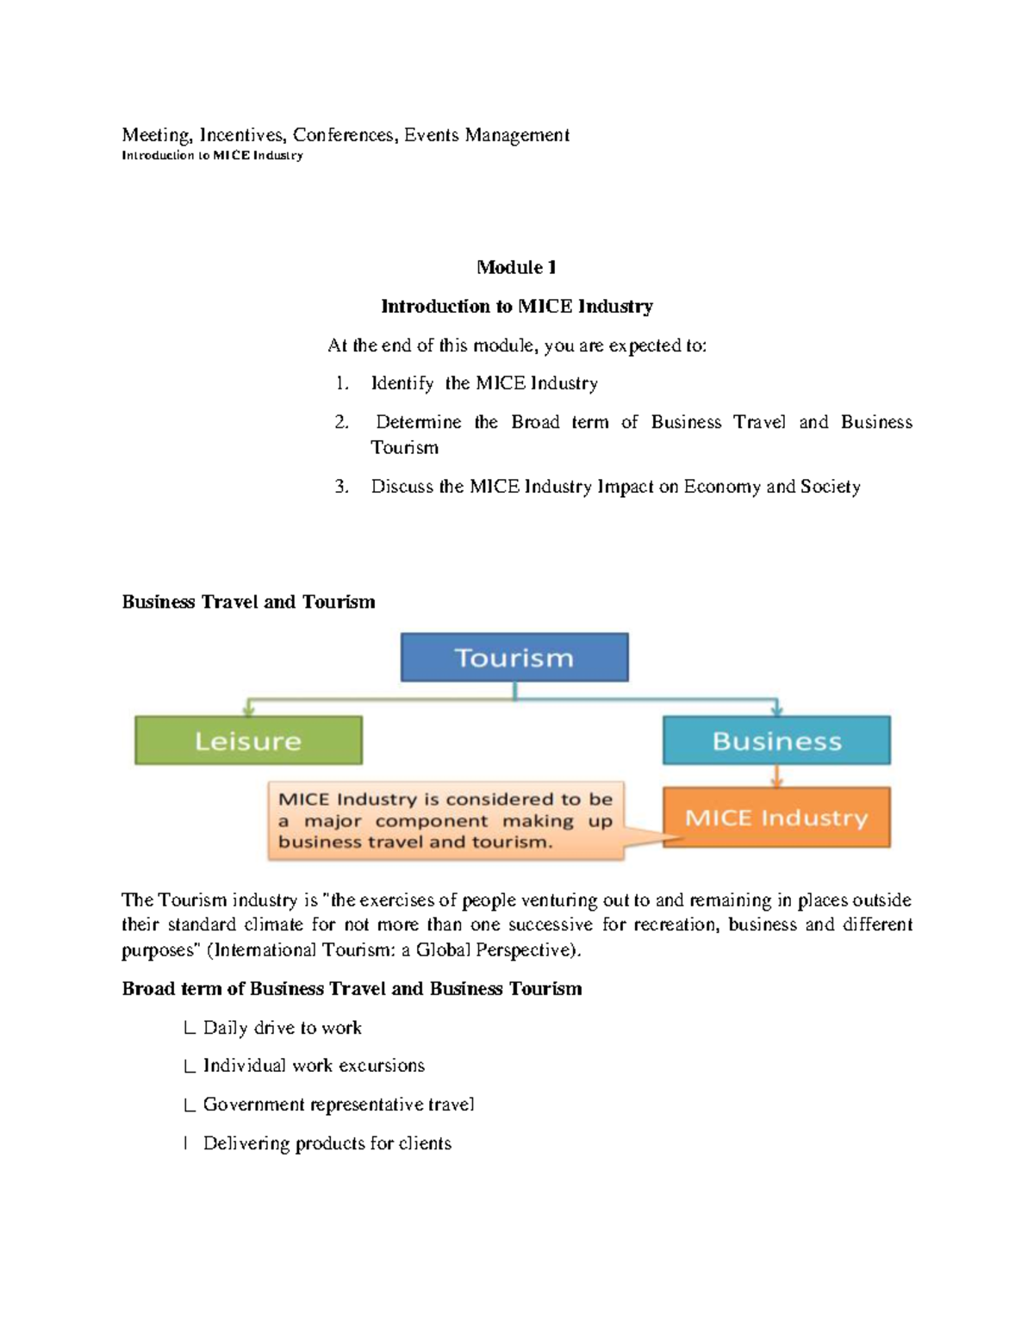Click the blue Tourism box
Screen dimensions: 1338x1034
click(x=514, y=657)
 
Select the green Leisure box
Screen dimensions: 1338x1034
click(x=248, y=740)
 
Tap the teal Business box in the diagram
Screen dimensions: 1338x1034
click(x=776, y=740)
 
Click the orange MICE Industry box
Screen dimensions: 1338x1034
click(x=776, y=817)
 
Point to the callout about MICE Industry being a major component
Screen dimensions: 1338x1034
click(x=445, y=820)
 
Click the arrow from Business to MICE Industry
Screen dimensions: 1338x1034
click(x=776, y=775)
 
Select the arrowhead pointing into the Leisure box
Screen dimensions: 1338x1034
click(x=248, y=710)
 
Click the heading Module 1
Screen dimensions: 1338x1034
click(x=516, y=267)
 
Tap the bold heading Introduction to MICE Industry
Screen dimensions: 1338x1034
click(x=516, y=306)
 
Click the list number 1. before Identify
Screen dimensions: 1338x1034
click(x=342, y=383)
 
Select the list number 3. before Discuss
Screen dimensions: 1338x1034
click(x=342, y=487)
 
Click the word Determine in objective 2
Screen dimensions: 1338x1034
click(x=418, y=422)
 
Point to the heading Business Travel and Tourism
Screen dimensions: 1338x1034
click(x=248, y=601)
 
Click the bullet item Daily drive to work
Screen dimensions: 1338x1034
click(x=282, y=1027)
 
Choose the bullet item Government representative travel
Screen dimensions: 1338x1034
click(x=338, y=1105)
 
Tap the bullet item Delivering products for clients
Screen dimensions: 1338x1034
click(x=327, y=1143)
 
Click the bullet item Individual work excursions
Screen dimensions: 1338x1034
click(x=314, y=1066)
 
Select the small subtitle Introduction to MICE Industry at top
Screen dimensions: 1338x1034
click(x=212, y=156)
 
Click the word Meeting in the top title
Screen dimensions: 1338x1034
click(x=155, y=135)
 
